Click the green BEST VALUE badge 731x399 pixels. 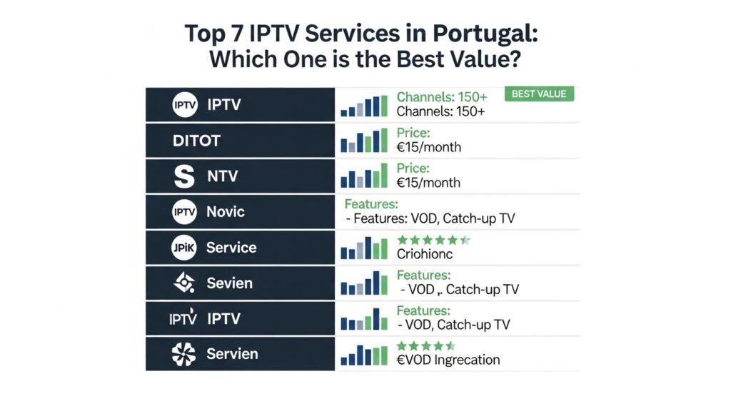pyautogui.click(x=539, y=94)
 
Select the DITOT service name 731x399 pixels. pyautogui.click(x=196, y=141)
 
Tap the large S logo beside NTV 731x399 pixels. pyautogui.click(x=184, y=176)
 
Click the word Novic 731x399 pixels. pyautogui.click(x=226, y=212)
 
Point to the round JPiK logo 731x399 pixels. pyautogui.click(x=184, y=248)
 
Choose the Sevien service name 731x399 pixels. pyautogui.click(x=229, y=283)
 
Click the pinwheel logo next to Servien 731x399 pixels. pyautogui.click(x=184, y=354)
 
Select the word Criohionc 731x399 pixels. pyautogui.click(x=425, y=254)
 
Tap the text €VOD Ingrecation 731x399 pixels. pyautogui.click(x=448, y=360)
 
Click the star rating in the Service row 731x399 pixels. pyautogui.click(x=433, y=240)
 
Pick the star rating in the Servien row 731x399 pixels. pyautogui.click(x=426, y=346)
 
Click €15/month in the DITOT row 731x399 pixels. pyautogui.click(x=428, y=148)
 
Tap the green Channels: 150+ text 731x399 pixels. pyautogui.click(x=442, y=97)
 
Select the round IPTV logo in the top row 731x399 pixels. pyautogui.click(x=184, y=105)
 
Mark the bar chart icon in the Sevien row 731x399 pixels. pyautogui.click(x=364, y=283)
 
